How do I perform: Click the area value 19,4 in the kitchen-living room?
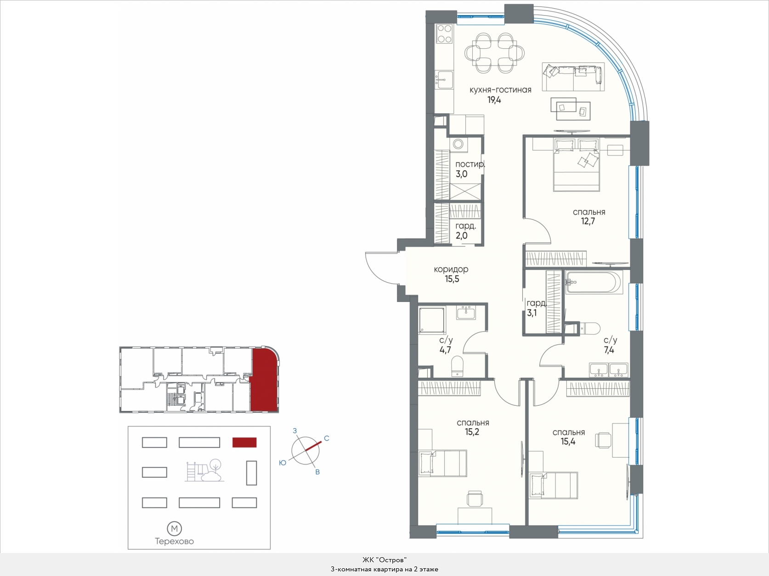point(494,100)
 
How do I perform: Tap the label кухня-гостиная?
point(500,90)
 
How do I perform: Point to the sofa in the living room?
point(573,77)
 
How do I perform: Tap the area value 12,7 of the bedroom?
point(588,222)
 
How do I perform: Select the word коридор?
point(451,269)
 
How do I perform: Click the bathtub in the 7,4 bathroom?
point(594,282)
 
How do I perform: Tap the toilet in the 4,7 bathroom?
point(457,366)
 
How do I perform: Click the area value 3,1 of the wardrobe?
point(532,313)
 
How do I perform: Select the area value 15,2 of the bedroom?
point(472,432)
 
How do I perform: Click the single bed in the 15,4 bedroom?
point(554,486)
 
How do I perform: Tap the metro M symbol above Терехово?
point(174,529)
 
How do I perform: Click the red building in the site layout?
point(244,442)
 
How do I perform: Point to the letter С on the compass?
point(327,438)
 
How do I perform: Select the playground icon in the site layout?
point(204,470)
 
